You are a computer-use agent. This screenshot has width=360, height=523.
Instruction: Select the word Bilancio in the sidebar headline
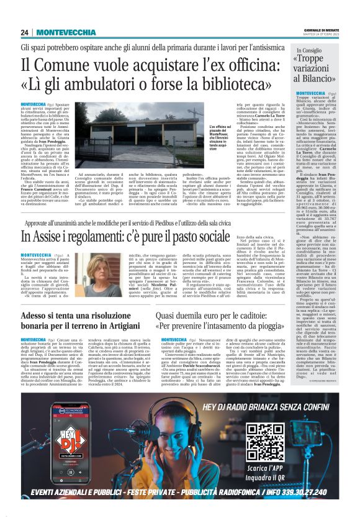[319, 80]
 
